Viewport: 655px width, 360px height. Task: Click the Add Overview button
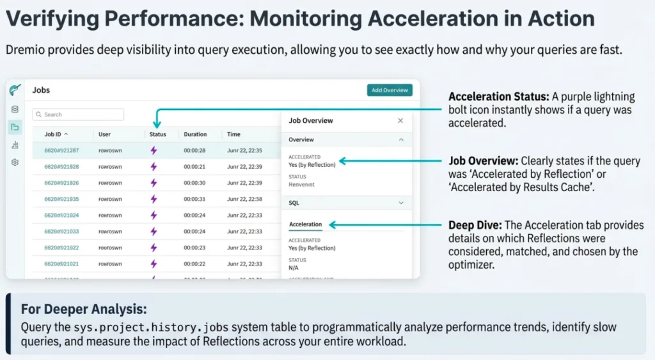pyautogui.click(x=390, y=90)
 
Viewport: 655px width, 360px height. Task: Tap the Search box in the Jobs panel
pyautogui.click(x=78, y=114)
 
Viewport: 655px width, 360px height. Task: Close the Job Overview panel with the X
pyautogui.click(x=400, y=120)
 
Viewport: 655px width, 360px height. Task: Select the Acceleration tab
pyautogui.click(x=305, y=224)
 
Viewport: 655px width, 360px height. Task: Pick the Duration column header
pyautogui.click(x=195, y=134)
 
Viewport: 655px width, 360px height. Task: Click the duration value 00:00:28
pyautogui.click(x=194, y=150)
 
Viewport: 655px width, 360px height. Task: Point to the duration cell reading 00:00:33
pyautogui.click(x=194, y=199)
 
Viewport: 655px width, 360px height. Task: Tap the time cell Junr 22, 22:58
pyautogui.click(x=244, y=199)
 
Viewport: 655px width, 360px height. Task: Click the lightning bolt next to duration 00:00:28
pyautogui.click(x=154, y=150)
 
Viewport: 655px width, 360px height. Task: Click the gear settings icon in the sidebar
pyautogui.click(x=15, y=162)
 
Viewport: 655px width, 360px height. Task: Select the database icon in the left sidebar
pyautogui.click(x=15, y=109)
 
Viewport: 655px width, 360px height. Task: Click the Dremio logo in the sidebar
pyautogui.click(x=15, y=90)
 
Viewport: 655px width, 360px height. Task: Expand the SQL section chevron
pyautogui.click(x=401, y=203)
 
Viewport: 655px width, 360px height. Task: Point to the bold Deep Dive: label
pyautogui.click(x=475, y=225)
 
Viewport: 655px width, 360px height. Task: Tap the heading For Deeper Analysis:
pyautogui.click(x=84, y=309)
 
